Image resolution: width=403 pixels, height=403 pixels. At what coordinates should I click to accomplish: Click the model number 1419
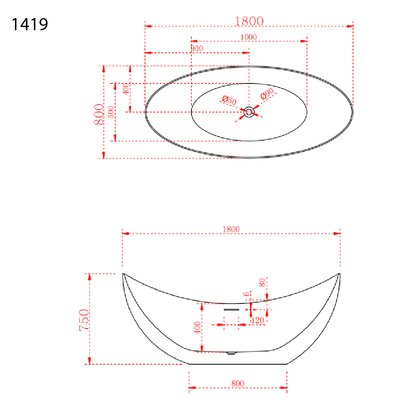pyautogui.click(x=30, y=25)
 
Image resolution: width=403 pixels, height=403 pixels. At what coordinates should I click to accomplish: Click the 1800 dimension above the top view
pyautogui.click(x=249, y=21)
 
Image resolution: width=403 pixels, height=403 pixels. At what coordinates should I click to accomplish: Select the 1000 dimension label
pyautogui.click(x=249, y=37)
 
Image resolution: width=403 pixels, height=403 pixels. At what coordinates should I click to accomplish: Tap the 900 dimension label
pyautogui.click(x=197, y=48)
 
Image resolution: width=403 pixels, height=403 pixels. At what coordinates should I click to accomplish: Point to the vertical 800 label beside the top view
pyautogui.click(x=99, y=114)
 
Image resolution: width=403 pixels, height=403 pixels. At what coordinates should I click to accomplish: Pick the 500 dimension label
pyautogui.click(x=111, y=112)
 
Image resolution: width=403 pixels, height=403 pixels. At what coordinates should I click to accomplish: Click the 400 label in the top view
pyautogui.click(x=126, y=89)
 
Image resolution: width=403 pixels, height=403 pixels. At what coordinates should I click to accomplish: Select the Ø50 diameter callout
pyautogui.click(x=229, y=100)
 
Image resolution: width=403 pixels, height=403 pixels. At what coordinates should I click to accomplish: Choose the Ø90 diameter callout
pyautogui.click(x=267, y=93)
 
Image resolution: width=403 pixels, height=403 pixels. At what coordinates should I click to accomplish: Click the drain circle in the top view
pyautogui.click(x=249, y=112)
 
